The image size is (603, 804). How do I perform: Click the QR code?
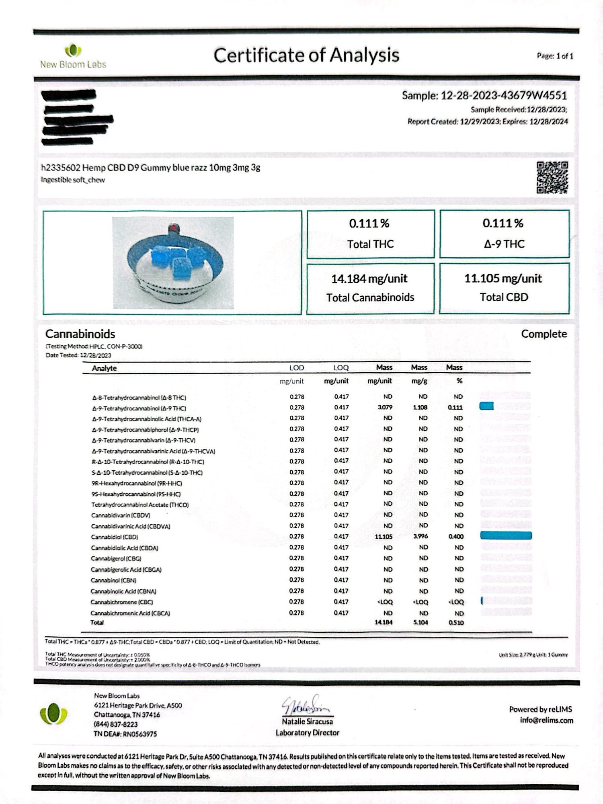point(552,177)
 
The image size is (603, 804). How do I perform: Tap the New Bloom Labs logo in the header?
point(73,56)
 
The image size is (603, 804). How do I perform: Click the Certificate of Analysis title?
point(306,55)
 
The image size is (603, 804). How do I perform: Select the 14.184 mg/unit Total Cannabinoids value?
point(369,279)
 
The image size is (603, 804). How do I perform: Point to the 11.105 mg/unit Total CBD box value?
point(503,279)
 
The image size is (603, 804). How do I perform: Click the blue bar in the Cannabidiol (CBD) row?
point(506,535)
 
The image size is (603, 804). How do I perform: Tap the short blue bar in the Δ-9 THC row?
point(486,406)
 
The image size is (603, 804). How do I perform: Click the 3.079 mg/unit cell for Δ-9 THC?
point(385,407)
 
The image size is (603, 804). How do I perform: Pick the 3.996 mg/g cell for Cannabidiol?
point(420,536)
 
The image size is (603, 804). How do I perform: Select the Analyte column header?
point(104,368)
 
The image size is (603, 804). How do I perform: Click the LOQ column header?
point(341,368)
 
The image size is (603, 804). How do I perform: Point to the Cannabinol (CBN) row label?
point(113,580)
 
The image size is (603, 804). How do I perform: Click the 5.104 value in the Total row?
point(420,622)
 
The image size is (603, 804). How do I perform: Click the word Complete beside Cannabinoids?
point(544,334)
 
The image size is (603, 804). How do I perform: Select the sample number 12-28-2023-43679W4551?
point(504,96)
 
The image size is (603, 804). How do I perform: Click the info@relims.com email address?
point(546,720)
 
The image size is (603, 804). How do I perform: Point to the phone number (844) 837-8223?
point(116,724)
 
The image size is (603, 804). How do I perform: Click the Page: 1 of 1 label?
point(555,56)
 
